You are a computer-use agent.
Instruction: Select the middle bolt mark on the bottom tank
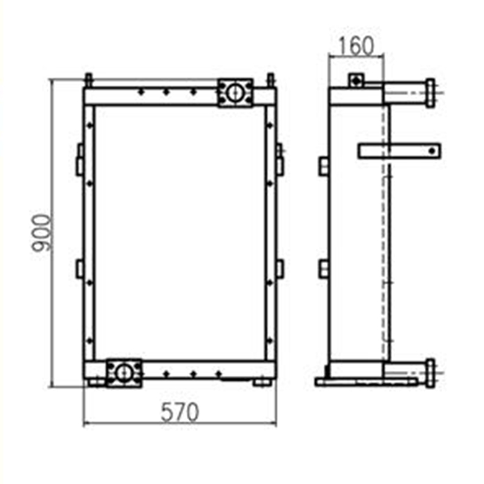point(192,374)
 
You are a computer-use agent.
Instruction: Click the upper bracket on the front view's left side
point(79,160)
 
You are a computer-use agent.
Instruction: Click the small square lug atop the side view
point(356,80)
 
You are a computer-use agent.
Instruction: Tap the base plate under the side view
point(369,382)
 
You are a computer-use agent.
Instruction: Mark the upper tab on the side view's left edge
point(324,166)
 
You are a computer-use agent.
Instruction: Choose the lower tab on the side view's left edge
point(324,267)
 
